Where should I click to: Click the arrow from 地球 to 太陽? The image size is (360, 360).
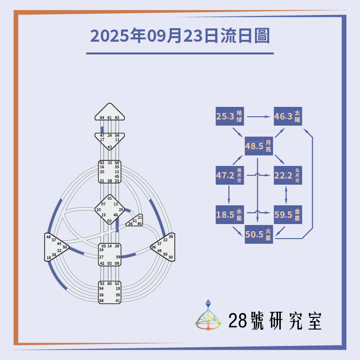(x=259, y=116)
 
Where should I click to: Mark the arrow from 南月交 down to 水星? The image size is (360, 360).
(x=229, y=195)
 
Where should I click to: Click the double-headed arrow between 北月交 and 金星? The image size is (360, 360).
(x=287, y=195)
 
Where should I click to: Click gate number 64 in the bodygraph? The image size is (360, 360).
(x=102, y=118)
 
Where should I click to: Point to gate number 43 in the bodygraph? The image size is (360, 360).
(x=109, y=147)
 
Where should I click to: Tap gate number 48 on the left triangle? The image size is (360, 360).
(x=48, y=237)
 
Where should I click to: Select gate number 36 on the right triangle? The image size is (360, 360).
(x=171, y=236)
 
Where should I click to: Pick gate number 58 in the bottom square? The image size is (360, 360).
(x=101, y=300)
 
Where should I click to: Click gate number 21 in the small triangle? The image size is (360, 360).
(x=140, y=217)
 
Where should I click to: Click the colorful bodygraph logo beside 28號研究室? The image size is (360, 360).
(x=208, y=315)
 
